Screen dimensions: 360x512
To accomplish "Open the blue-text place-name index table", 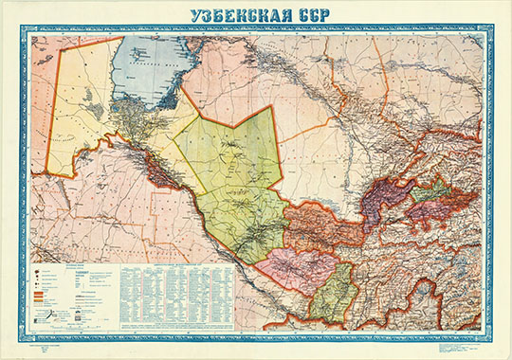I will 175,284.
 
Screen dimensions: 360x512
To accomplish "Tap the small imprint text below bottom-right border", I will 455,347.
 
